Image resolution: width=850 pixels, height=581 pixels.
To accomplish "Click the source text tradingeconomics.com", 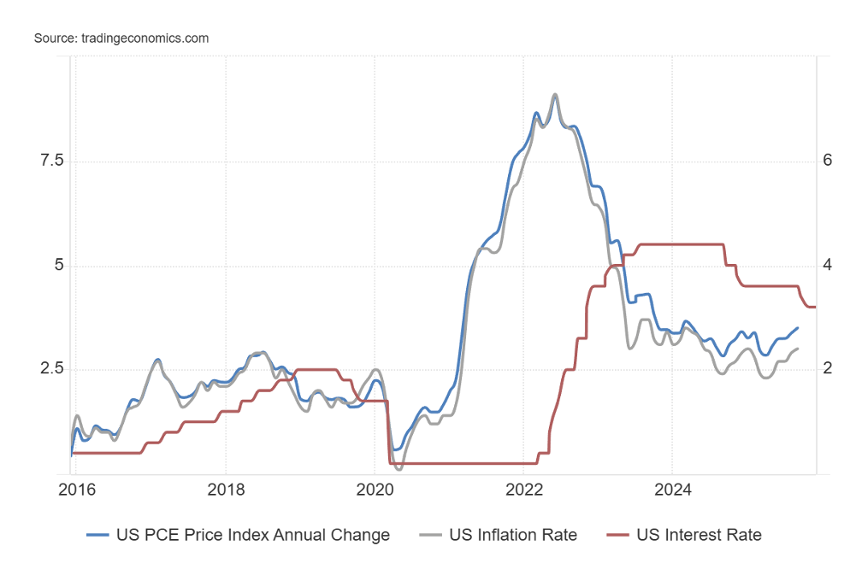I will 121,38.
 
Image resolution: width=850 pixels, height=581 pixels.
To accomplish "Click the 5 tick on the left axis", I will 49,266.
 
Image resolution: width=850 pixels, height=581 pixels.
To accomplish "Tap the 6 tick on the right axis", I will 827,161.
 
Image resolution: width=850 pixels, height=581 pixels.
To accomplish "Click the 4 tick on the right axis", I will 827,266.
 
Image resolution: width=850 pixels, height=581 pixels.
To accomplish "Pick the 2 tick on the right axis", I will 827,369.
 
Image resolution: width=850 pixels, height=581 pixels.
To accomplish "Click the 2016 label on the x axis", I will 76,491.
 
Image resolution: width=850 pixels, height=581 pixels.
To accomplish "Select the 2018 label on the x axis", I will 225,491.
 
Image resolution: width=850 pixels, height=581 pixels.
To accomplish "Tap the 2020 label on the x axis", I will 375,491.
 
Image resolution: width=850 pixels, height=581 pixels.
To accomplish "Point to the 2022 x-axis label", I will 523,491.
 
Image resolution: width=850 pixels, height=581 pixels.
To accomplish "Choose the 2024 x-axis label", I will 672,491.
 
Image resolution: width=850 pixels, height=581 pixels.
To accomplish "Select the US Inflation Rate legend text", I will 513,535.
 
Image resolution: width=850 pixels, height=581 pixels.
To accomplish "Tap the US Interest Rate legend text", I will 699,535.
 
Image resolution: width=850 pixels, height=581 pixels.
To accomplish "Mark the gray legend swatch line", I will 432,535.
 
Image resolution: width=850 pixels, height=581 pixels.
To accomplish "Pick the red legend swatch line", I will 619,535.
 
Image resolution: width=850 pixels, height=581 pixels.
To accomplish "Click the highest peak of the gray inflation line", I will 555,95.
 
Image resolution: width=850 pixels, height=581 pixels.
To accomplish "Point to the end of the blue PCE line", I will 798,328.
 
